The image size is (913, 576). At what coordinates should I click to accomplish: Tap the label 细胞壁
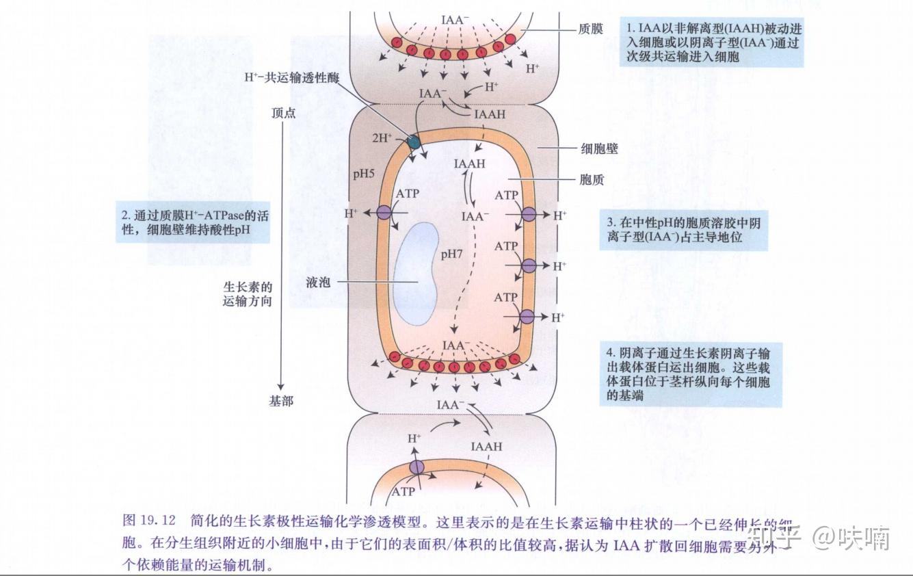tap(599, 148)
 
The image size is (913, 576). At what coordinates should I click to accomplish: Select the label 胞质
tap(592, 180)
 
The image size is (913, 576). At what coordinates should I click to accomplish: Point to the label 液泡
tap(319, 282)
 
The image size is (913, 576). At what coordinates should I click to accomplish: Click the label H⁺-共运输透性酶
tap(291, 78)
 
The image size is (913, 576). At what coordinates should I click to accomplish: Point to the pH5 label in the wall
tap(364, 173)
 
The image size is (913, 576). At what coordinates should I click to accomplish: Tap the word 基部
tap(281, 401)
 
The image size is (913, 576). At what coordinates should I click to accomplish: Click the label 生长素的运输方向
tap(248, 294)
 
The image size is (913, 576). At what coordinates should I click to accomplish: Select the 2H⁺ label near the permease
tap(382, 138)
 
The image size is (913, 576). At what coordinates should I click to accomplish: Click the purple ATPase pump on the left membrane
tap(383, 213)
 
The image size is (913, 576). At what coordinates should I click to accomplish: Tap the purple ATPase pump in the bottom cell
tap(416, 468)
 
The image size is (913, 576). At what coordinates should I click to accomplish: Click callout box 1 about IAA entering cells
tap(714, 42)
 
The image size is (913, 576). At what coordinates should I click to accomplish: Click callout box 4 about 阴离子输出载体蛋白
tap(690, 374)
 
